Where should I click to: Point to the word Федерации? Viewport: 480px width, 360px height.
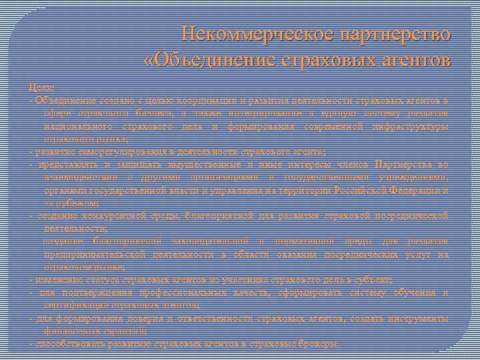412,191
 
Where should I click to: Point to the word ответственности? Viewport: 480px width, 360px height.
251,319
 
